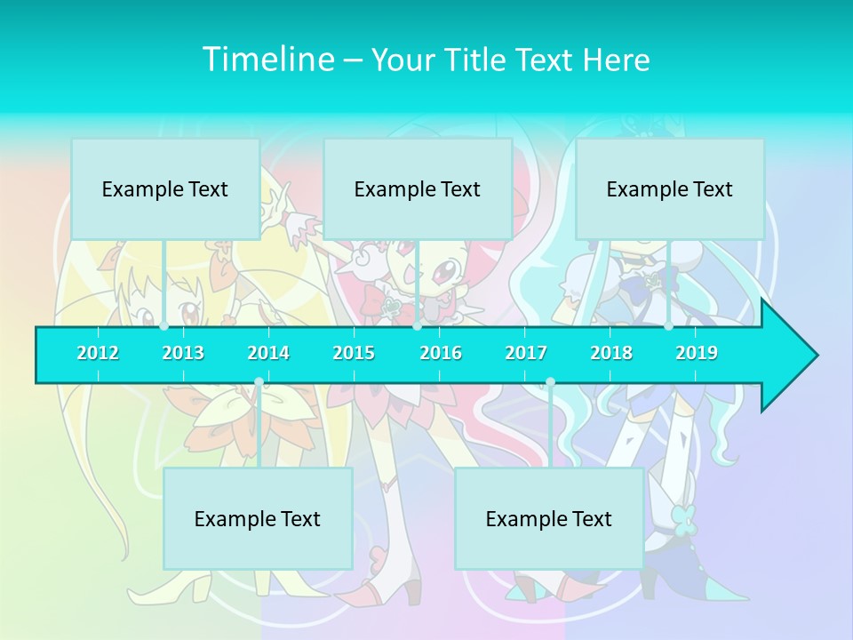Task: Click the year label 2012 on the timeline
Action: coord(98,353)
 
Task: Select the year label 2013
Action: coord(183,353)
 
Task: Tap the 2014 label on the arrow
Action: coord(268,353)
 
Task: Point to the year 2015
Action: coord(354,353)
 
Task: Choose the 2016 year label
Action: coord(441,353)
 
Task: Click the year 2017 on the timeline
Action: coord(526,353)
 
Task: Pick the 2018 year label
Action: coord(611,353)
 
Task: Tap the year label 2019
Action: coord(697,353)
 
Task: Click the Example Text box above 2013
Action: coord(165,188)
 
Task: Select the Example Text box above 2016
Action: coord(418,188)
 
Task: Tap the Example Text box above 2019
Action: coord(670,188)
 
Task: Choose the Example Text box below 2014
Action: coord(258,518)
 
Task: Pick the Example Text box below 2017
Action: coord(549,518)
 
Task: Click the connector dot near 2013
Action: coord(164,326)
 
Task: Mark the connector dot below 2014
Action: coord(259,382)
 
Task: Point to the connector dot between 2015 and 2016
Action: coord(417,326)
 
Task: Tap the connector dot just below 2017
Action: coord(550,382)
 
